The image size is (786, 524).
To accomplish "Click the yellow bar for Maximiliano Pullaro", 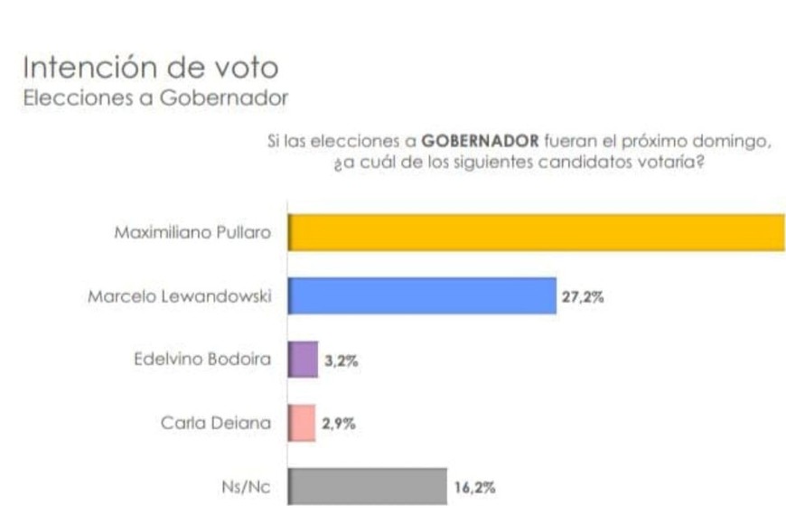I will [537, 232].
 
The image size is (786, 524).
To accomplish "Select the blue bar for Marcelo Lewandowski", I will [422, 295].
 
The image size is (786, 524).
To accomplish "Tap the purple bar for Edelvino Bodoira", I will [304, 359].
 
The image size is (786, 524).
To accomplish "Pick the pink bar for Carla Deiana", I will [302, 422].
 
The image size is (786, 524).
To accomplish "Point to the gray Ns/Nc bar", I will [368, 486].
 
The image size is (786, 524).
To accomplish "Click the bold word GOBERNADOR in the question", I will [480, 142].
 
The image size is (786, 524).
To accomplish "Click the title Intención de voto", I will [150, 68].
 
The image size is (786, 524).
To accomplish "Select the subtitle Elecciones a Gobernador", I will [154, 97].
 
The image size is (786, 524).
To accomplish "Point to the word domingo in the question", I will [742, 142].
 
